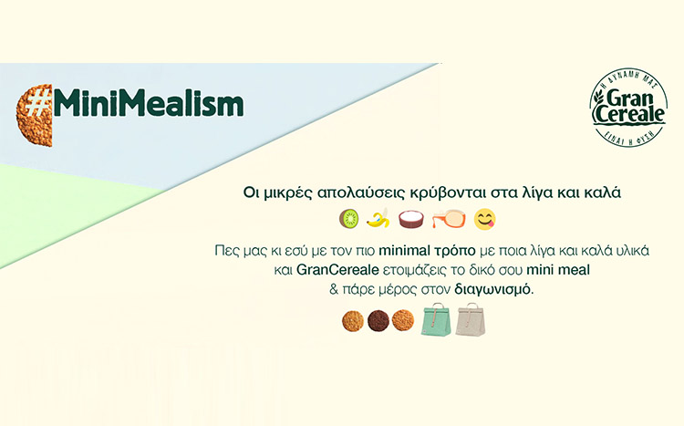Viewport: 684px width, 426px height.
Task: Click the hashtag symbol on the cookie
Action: pos(37,105)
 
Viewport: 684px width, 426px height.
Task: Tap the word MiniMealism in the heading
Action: pos(149,104)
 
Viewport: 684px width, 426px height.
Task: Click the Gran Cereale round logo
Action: pos(628,109)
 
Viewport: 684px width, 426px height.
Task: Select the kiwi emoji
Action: pos(349,218)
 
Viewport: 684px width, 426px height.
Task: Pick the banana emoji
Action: pos(378,218)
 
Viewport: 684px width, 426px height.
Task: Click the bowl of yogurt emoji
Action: pos(411,219)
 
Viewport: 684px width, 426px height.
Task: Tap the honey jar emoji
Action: pos(449,219)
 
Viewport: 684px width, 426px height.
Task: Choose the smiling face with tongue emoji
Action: pos(485,219)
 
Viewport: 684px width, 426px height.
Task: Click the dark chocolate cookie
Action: pos(378,321)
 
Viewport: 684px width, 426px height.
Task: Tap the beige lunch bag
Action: pos(471,319)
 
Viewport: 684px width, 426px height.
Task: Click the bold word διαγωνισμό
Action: pos(493,289)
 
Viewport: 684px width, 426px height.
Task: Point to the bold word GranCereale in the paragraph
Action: pos(337,270)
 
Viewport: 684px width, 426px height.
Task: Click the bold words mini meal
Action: pos(558,270)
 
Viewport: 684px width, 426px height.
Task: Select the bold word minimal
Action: pos(403,251)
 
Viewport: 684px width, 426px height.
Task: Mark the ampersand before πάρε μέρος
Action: pos(334,289)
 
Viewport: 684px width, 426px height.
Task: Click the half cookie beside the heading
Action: pos(35,116)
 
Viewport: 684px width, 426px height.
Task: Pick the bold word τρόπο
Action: pos(453,251)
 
